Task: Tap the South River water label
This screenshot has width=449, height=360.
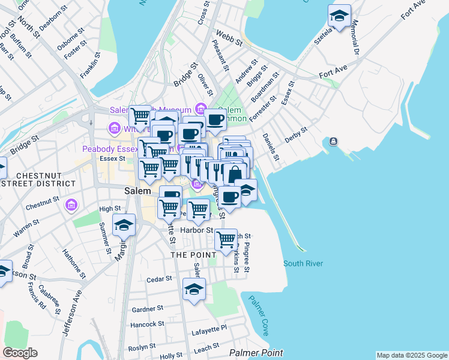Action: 303,263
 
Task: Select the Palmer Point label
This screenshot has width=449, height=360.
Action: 256,353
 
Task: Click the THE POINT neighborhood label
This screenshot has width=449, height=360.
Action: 193,255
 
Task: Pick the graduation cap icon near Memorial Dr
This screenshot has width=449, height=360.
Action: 340,17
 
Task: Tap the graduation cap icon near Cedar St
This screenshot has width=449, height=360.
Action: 194,290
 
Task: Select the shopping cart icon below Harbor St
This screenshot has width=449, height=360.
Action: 226,239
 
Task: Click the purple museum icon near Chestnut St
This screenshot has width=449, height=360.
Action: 71,206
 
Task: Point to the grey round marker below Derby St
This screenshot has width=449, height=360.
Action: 333,142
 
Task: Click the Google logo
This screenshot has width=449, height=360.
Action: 20,353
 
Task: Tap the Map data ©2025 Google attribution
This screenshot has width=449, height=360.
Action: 411,355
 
